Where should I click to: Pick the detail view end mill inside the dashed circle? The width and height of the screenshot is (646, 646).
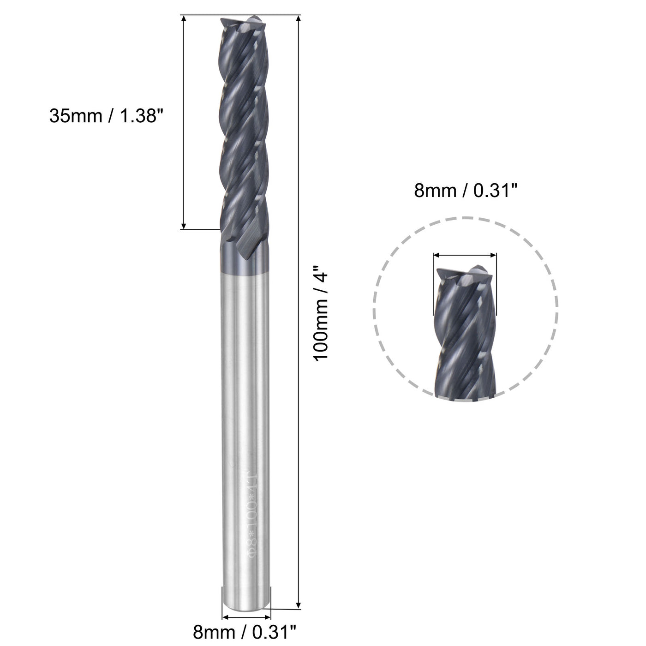(x=465, y=332)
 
